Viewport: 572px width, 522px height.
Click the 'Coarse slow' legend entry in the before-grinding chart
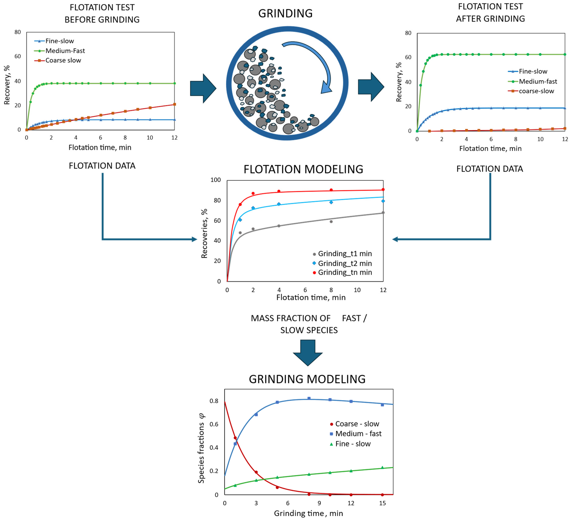click(x=63, y=60)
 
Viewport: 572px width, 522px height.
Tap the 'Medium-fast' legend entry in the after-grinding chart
click(x=538, y=81)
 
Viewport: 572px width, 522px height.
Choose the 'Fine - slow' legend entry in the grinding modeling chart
click(x=353, y=444)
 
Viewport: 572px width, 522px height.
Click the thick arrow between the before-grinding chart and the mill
click(x=203, y=88)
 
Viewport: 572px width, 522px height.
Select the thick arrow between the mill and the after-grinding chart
click(x=371, y=87)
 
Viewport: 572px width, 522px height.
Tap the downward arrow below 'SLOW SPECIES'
click(x=308, y=353)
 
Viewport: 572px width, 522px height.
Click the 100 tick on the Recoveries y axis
click(x=216, y=180)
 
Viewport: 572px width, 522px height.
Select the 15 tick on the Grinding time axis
click(x=382, y=503)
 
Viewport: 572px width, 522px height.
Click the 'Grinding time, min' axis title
click(x=308, y=513)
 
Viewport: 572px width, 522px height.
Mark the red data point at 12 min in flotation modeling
click(x=383, y=190)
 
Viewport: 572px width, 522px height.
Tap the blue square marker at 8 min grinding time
click(x=309, y=398)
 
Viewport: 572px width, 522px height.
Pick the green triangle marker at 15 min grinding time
click(x=382, y=467)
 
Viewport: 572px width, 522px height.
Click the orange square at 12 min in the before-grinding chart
click(x=175, y=104)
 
